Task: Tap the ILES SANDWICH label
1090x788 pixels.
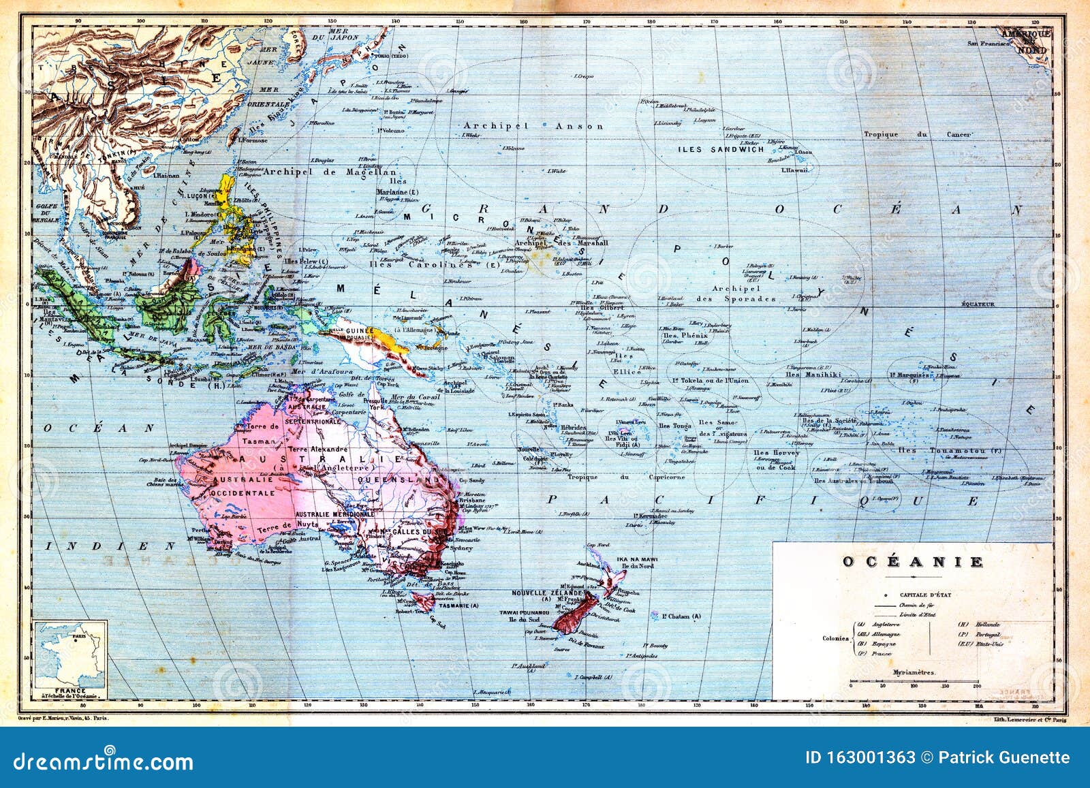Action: (721, 149)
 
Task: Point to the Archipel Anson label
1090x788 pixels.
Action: (533, 126)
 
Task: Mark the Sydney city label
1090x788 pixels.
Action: (462, 548)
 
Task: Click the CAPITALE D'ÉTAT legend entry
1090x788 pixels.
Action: (914, 594)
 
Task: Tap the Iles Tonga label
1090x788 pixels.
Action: (674, 426)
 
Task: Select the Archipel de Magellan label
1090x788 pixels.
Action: (329, 172)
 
